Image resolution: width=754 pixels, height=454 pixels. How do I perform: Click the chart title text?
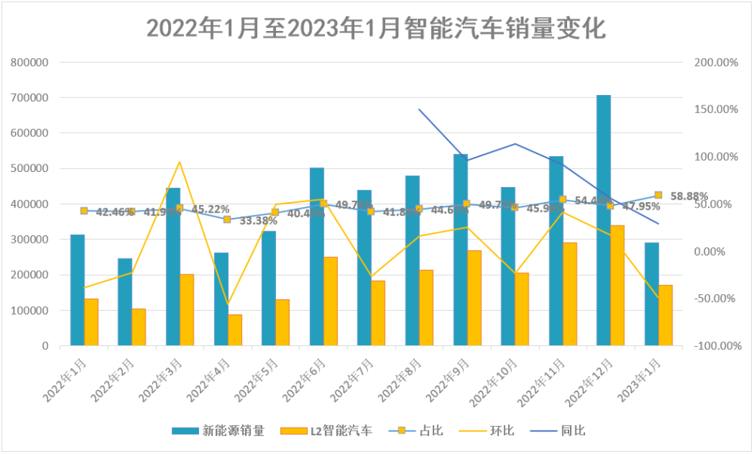click(376, 28)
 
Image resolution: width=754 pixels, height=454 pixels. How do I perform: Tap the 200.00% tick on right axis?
click(716, 62)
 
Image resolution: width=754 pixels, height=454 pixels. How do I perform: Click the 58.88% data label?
click(689, 196)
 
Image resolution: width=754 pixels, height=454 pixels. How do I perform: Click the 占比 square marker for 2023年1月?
click(658, 195)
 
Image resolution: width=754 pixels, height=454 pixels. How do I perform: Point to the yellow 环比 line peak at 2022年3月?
click(179, 162)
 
